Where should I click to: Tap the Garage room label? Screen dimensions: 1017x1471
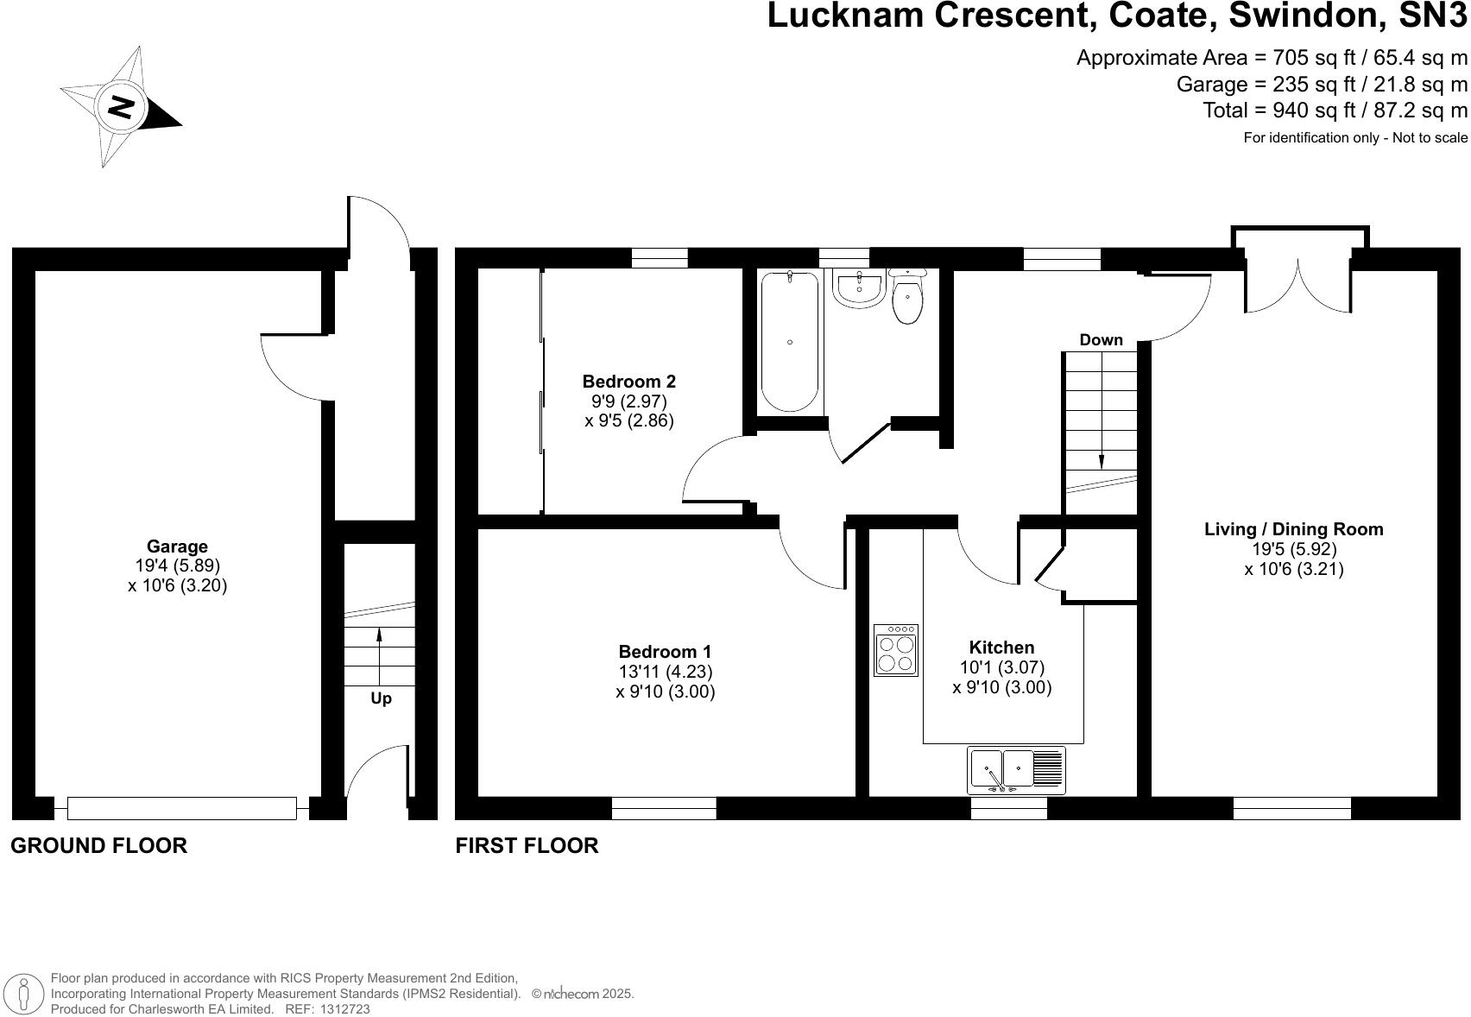click(177, 546)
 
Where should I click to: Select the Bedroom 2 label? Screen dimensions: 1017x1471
click(628, 382)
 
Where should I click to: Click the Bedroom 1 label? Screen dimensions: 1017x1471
click(665, 652)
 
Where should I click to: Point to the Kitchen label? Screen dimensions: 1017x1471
click(1001, 647)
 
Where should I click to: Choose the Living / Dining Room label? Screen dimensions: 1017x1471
click(1293, 529)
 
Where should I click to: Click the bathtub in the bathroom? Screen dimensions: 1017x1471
click(790, 342)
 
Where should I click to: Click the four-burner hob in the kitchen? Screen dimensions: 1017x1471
click(895, 650)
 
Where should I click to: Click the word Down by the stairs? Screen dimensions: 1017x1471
click(1101, 340)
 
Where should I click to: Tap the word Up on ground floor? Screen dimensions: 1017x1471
click(381, 698)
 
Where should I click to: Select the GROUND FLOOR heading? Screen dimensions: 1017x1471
click(98, 845)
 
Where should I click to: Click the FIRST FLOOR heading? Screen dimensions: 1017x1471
click(527, 845)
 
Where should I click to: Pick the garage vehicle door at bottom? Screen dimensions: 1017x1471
click(181, 808)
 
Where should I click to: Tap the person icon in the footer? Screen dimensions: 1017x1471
click(25, 993)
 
